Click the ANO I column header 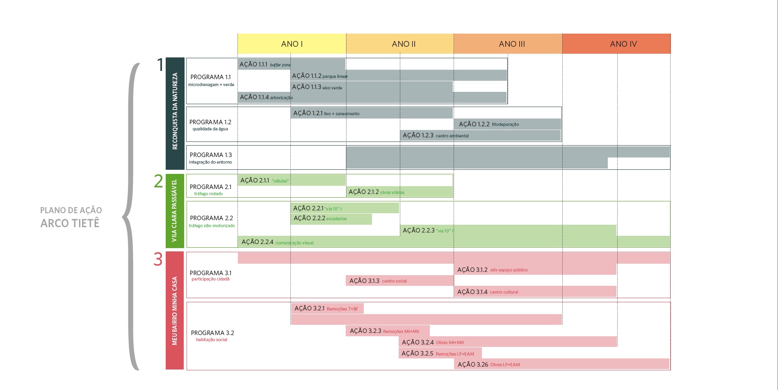(292, 44)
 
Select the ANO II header (404, 44)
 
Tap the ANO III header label (511, 44)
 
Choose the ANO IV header (623, 44)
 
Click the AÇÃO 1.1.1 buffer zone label (265, 64)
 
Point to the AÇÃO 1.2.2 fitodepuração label (488, 124)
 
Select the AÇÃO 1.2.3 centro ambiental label (435, 135)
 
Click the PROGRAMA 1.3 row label (211, 158)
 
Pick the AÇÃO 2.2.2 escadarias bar (331, 219)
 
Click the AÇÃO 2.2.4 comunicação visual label (277, 242)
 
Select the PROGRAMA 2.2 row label (212, 221)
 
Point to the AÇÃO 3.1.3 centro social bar (399, 281)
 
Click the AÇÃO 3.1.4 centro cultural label (488, 292)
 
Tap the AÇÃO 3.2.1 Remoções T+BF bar (327, 308)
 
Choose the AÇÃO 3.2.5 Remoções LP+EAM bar (440, 354)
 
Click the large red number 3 (158, 260)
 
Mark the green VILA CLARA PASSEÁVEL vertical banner (175, 211)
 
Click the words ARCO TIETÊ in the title (70, 224)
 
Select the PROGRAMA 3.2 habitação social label (212, 336)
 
